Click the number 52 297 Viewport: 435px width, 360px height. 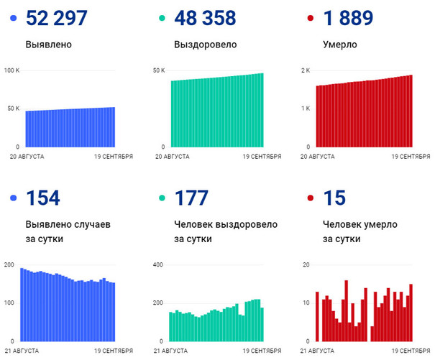coord(57,18)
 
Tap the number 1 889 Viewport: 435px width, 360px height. coord(349,18)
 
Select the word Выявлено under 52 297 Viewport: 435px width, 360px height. coord(48,45)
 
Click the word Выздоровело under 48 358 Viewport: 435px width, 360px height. coord(203,45)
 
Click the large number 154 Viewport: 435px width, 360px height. coord(42,198)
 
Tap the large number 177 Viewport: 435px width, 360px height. coord(191,198)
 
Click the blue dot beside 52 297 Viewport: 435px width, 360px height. coord(13,18)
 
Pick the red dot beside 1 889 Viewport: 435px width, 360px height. coord(309,18)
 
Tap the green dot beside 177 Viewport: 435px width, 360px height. coord(163,198)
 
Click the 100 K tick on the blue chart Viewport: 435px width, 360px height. coord(12,70)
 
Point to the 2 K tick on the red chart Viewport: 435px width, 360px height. coord(306,70)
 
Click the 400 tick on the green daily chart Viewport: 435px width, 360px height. coord(159,265)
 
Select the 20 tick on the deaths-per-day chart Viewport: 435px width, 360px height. coord(306,265)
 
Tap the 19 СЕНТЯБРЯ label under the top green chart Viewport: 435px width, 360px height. coord(261,156)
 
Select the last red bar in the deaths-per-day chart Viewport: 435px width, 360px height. coord(411,313)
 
